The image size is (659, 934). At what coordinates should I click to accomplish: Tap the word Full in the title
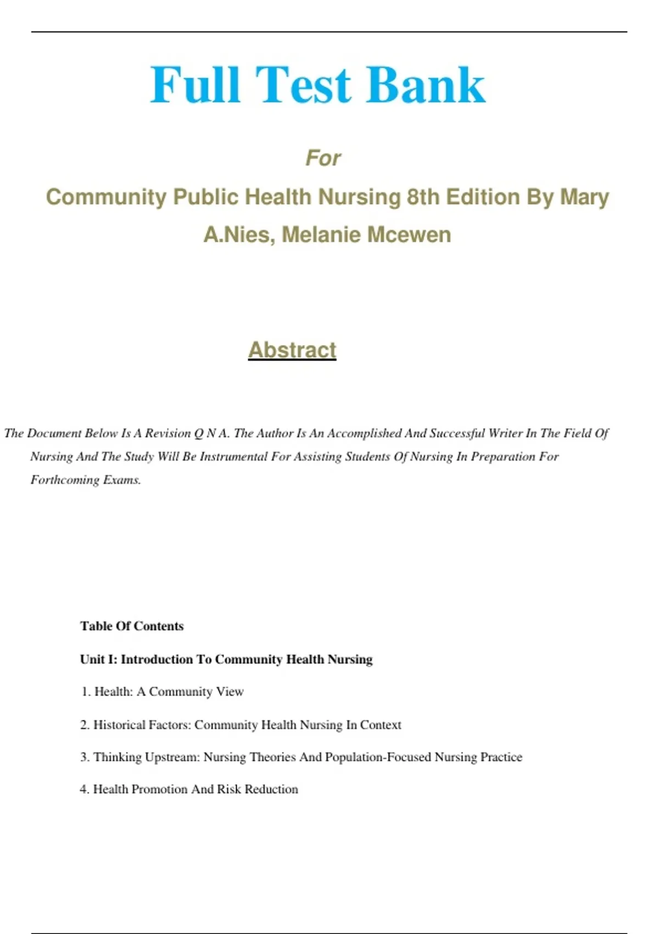point(196,85)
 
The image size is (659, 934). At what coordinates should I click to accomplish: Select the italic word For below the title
point(323,158)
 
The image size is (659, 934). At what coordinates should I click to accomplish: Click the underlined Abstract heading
point(292,350)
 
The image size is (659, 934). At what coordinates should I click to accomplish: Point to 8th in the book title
point(423,197)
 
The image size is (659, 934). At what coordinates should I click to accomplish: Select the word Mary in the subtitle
point(584,197)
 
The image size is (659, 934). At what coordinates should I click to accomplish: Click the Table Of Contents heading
point(132,626)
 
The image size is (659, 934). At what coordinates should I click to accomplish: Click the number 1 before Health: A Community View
point(86,692)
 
